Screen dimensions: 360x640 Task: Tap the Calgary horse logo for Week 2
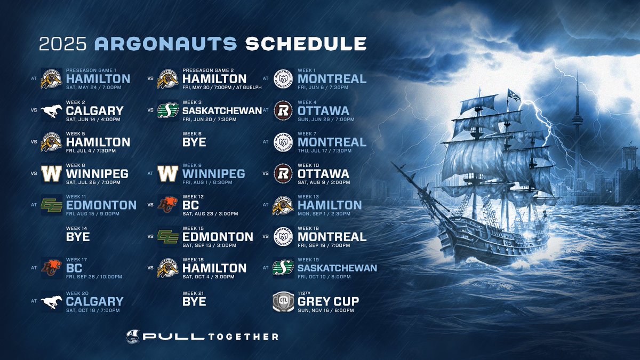52,110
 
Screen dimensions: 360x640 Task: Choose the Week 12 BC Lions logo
167,205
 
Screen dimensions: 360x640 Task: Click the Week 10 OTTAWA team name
323,174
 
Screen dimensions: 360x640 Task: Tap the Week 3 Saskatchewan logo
167,110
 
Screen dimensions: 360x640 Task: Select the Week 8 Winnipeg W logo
52,173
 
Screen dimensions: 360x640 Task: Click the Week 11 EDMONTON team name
101,205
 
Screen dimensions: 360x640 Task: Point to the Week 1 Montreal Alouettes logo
283,78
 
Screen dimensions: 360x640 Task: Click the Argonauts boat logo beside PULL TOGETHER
132,337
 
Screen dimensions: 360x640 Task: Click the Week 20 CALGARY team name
94,301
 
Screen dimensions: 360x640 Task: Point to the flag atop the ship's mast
514,96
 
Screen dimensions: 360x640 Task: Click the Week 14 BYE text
77,237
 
